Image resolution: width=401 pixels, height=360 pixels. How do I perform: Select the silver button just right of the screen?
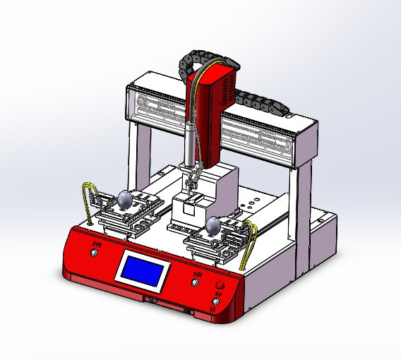196,282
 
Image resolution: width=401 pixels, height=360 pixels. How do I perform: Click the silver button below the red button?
216,301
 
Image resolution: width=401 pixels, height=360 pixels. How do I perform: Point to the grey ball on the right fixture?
213,226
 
